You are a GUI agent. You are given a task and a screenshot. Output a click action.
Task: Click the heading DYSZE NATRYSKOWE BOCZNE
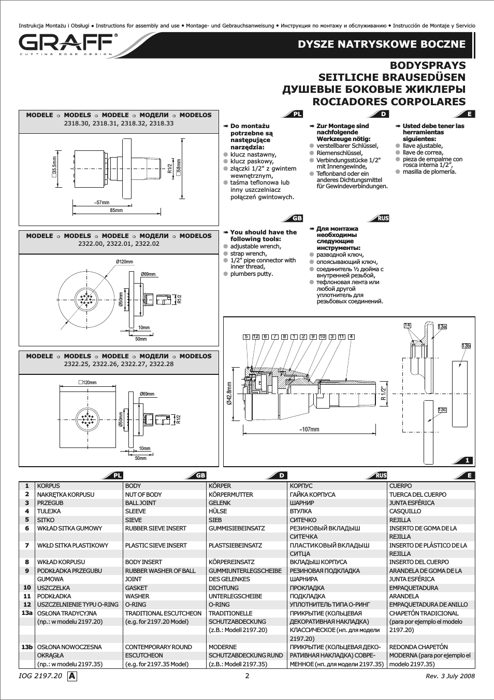click(x=382, y=44)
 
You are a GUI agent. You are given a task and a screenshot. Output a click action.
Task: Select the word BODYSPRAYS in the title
click(x=428, y=65)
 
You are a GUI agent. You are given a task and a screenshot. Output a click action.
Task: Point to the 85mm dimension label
click(x=117, y=211)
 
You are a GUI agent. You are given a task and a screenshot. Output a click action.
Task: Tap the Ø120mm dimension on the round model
click(x=124, y=261)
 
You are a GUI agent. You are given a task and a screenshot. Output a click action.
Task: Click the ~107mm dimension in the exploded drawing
click(x=309, y=429)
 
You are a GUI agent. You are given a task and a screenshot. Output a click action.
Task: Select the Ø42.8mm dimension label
click(x=229, y=393)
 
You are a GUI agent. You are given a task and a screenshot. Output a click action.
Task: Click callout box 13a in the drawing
click(x=442, y=327)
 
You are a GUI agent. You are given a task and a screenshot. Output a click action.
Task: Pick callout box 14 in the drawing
click(x=407, y=325)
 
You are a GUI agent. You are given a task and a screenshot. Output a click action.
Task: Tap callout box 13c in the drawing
click(x=442, y=410)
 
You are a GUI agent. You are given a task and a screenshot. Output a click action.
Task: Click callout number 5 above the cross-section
click(x=246, y=337)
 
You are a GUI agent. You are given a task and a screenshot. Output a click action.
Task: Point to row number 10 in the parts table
click(x=27, y=588)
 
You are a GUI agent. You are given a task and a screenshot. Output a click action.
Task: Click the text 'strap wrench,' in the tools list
click(x=249, y=254)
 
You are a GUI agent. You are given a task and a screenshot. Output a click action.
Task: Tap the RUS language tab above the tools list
click(x=381, y=218)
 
